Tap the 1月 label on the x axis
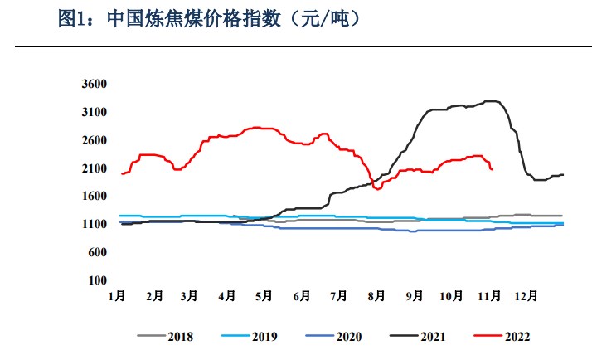(117, 294)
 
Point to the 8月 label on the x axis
(375, 294)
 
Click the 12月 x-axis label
(526, 294)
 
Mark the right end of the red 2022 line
(493, 169)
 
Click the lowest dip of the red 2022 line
(378, 188)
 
